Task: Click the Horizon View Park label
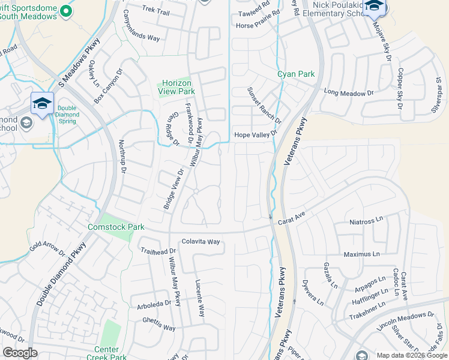[176, 87]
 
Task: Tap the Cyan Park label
[296, 74]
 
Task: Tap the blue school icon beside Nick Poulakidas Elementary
[375, 7]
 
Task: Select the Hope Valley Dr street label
[256, 135]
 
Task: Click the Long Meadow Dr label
[349, 93]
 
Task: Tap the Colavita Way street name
[201, 242]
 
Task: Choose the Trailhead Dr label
[158, 251]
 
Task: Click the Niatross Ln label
[366, 221]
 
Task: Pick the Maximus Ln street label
[363, 254]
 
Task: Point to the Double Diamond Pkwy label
[62, 274]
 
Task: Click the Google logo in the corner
[20, 353]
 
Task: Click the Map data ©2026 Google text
[411, 355]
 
